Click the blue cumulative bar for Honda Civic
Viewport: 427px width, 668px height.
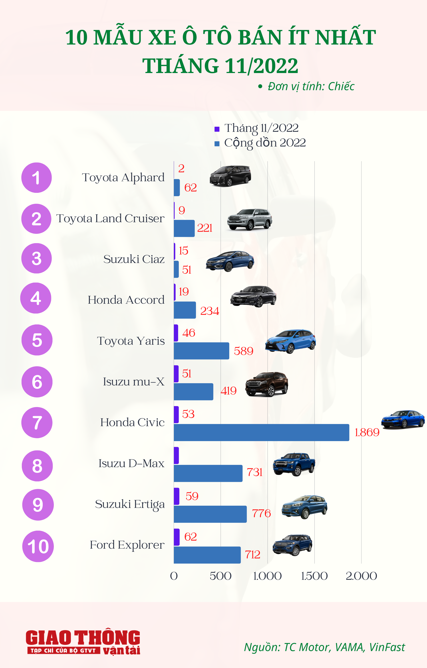point(261,432)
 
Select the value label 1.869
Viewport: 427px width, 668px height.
point(367,432)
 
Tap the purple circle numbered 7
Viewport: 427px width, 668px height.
point(37,422)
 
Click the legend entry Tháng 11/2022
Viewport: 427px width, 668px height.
point(261,128)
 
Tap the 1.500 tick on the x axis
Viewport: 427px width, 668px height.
point(314,576)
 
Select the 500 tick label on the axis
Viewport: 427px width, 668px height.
point(220,576)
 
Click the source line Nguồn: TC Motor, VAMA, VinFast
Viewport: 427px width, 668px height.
point(324,647)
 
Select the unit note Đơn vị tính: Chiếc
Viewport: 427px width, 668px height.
point(310,86)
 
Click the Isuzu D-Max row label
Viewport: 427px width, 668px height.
point(131,463)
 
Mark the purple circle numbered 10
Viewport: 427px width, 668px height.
point(38,546)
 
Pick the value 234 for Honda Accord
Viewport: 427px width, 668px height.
point(210,311)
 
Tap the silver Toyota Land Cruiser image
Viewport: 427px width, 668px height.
point(250,219)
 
